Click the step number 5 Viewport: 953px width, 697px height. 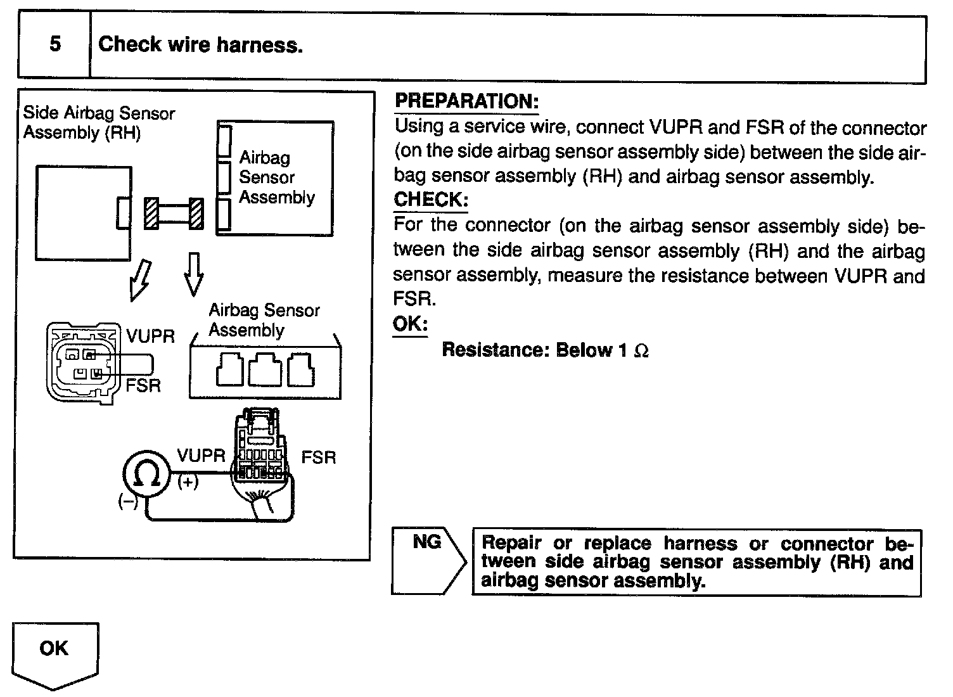pyautogui.click(x=55, y=44)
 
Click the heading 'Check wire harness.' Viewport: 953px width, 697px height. pyautogui.click(x=200, y=44)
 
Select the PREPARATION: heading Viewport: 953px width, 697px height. pyautogui.click(x=466, y=101)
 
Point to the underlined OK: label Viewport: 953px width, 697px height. pyautogui.click(x=410, y=324)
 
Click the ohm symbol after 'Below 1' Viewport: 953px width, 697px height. pyautogui.click(x=641, y=351)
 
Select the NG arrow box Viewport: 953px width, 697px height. pyautogui.click(x=427, y=560)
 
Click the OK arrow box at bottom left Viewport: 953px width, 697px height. pyautogui.click(x=54, y=653)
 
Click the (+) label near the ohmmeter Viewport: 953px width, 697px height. pyautogui.click(x=188, y=483)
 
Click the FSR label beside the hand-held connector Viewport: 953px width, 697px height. pyautogui.click(x=319, y=457)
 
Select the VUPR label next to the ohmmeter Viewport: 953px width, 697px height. pyautogui.click(x=201, y=456)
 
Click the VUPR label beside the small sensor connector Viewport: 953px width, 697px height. pyautogui.click(x=150, y=336)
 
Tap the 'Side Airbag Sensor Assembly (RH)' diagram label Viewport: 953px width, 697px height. pyautogui.click(x=98, y=123)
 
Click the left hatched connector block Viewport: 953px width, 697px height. pyautogui.click(x=151, y=214)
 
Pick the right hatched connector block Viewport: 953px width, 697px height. pyautogui.click(x=196, y=214)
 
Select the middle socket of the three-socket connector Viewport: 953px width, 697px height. pyautogui.click(x=265, y=370)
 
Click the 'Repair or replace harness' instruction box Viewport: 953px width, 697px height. pyautogui.click(x=696, y=563)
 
